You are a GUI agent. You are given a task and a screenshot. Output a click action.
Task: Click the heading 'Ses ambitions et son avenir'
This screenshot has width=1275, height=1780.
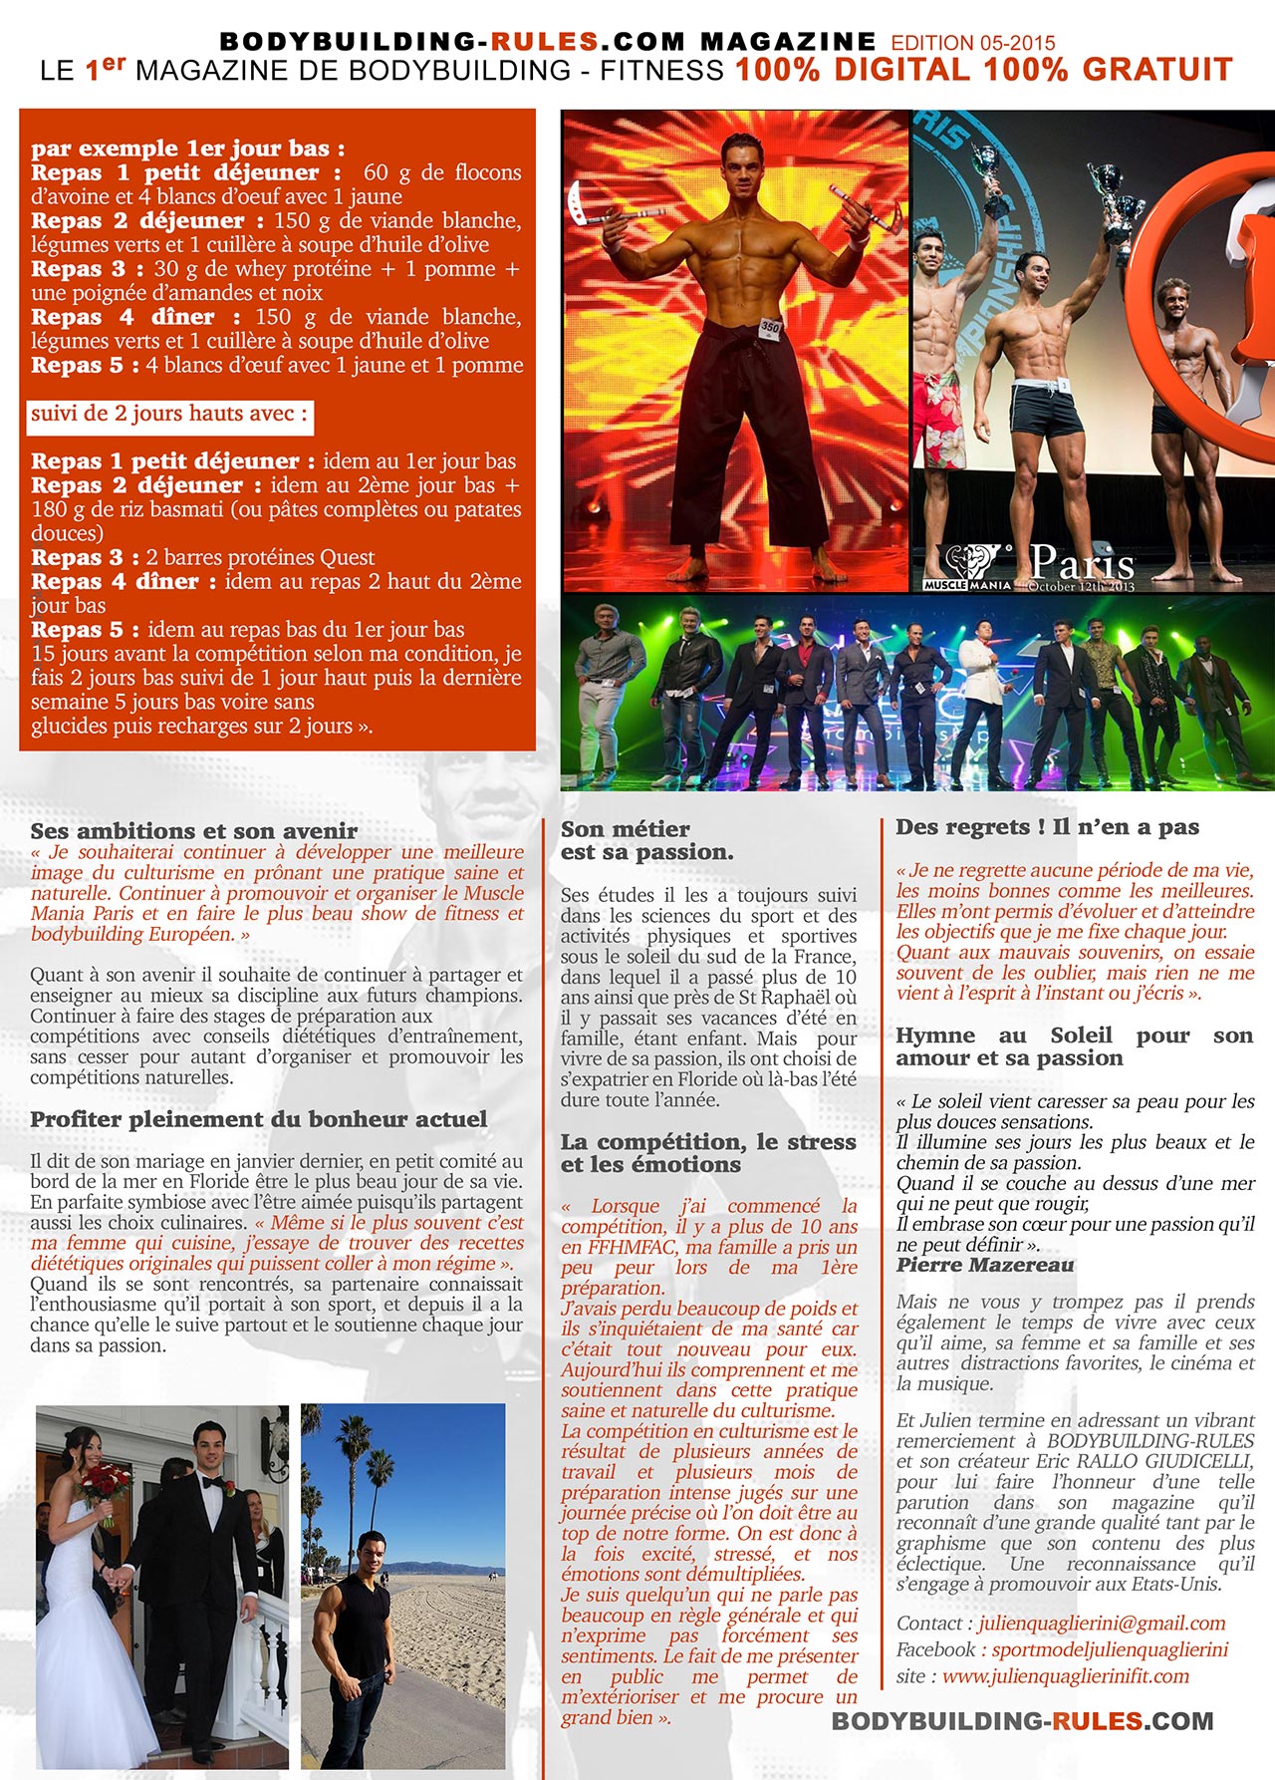click(193, 830)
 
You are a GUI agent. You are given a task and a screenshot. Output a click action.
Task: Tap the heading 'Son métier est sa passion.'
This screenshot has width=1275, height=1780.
click(646, 840)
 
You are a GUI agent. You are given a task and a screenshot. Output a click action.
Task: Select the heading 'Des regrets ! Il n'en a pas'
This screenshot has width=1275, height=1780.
click(1047, 826)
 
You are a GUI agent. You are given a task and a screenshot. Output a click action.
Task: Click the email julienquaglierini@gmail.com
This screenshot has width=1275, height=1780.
click(1102, 1624)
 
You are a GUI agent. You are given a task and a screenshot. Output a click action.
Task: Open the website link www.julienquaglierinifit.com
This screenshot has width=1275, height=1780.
click(1066, 1676)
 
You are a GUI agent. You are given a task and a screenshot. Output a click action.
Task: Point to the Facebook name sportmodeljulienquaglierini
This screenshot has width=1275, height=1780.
click(1110, 1649)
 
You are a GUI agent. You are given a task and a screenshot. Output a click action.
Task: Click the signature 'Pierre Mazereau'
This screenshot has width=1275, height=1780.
click(985, 1265)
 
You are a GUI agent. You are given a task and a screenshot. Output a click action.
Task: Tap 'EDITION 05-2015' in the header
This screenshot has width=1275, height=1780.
click(972, 43)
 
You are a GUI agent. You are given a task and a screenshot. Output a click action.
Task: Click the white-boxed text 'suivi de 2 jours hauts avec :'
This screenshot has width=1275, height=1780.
click(169, 414)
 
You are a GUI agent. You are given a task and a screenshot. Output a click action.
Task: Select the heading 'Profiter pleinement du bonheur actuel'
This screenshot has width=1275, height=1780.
click(259, 1119)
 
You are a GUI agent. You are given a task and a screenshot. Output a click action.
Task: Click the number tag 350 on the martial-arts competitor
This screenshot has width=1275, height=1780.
click(770, 326)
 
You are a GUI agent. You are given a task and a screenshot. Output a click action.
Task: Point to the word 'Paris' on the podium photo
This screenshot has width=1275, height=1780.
click(1082, 563)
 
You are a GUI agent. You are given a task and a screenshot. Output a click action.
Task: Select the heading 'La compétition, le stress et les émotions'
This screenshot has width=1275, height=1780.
click(708, 1153)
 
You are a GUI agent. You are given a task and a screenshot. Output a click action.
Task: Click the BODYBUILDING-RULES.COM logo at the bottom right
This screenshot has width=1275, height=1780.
click(1022, 1721)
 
